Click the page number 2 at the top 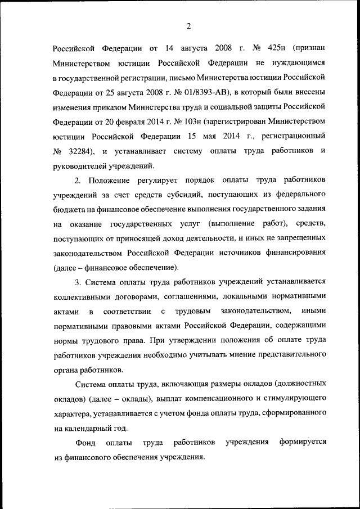pyautogui.click(x=189, y=25)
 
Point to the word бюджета pyautogui.click(x=69, y=210)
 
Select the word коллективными pyautogui.click(x=84, y=295)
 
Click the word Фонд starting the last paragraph pyautogui.click(x=84, y=443)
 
